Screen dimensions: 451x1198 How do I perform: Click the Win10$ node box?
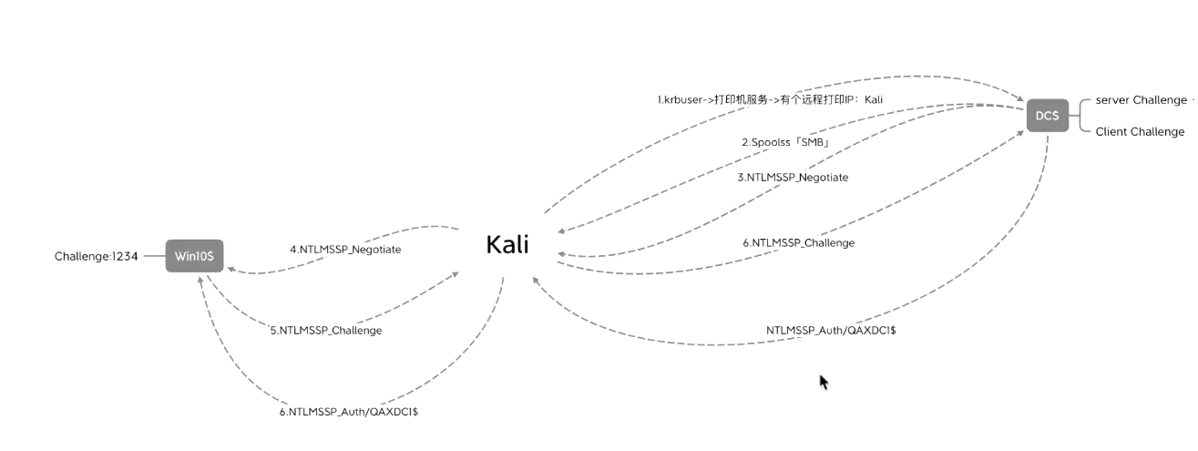coord(195,256)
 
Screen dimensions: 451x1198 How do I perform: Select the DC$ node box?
coord(1047,116)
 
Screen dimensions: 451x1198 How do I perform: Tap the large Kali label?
coord(507,245)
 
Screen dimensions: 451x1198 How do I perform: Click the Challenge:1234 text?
coord(96,256)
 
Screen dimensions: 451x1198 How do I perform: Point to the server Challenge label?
coord(1141,100)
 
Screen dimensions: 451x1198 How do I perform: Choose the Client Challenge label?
coord(1140,132)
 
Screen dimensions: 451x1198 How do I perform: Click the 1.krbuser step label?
coord(770,99)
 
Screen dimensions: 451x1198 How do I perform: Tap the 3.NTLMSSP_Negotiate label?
coord(793,178)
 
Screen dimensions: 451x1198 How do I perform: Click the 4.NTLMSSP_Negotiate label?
coord(345,249)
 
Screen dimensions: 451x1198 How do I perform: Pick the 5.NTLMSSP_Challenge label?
coord(325,331)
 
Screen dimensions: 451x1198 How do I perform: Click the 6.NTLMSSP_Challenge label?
coord(798,242)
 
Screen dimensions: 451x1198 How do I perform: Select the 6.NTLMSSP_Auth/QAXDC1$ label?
coord(348,412)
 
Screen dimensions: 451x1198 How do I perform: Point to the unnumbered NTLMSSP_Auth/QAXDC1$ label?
coord(830,330)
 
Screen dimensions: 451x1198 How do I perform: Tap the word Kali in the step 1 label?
coord(873,99)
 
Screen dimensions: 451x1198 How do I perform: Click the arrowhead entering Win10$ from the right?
coord(230,270)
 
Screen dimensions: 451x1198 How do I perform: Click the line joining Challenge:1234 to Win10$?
coord(154,256)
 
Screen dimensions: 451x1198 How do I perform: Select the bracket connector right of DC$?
coord(1080,116)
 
